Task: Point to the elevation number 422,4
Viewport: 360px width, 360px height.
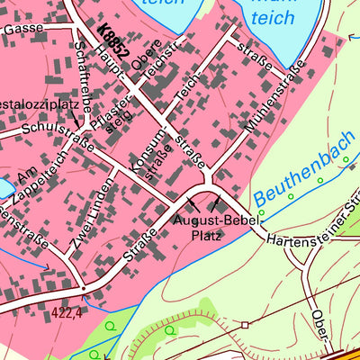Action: pos(67,311)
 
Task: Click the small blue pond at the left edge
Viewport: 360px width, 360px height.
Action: pos(4,187)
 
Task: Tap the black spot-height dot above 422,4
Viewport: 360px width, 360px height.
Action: pos(82,290)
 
